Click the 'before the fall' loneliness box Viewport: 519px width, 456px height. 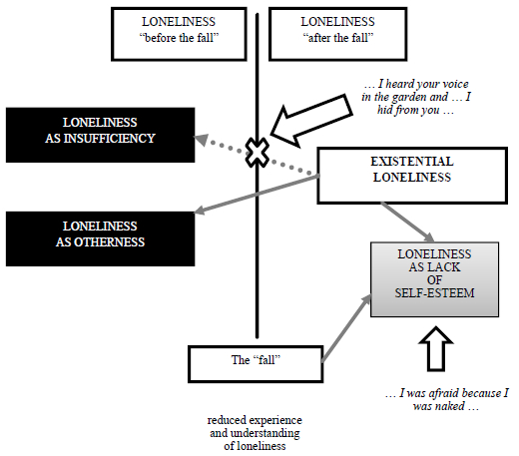pos(179,34)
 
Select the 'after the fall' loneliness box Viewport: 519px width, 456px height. pos(338,34)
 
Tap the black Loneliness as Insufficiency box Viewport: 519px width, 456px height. pos(100,135)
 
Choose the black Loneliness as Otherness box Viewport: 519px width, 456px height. pos(100,238)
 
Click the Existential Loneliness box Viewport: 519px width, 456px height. pos(412,176)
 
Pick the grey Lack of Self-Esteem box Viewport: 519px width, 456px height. pos(434,279)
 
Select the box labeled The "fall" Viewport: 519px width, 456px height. pos(256,364)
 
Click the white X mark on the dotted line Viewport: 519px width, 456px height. pos(258,153)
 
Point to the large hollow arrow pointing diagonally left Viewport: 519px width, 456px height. pos(311,121)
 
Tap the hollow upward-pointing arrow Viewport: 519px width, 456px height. pos(436,349)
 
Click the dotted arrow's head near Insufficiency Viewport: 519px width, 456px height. pos(201,140)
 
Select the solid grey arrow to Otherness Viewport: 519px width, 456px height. pos(257,194)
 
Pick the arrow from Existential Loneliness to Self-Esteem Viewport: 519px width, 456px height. pos(407,222)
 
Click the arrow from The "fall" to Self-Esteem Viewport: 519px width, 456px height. pos(346,328)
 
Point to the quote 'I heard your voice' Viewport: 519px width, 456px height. pos(416,97)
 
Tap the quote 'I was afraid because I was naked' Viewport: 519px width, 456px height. pos(447,399)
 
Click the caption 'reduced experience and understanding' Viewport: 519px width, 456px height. pos(255,433)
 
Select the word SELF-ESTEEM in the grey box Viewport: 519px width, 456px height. pos(434,293)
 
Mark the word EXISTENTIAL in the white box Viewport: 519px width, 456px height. pos(412,162)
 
